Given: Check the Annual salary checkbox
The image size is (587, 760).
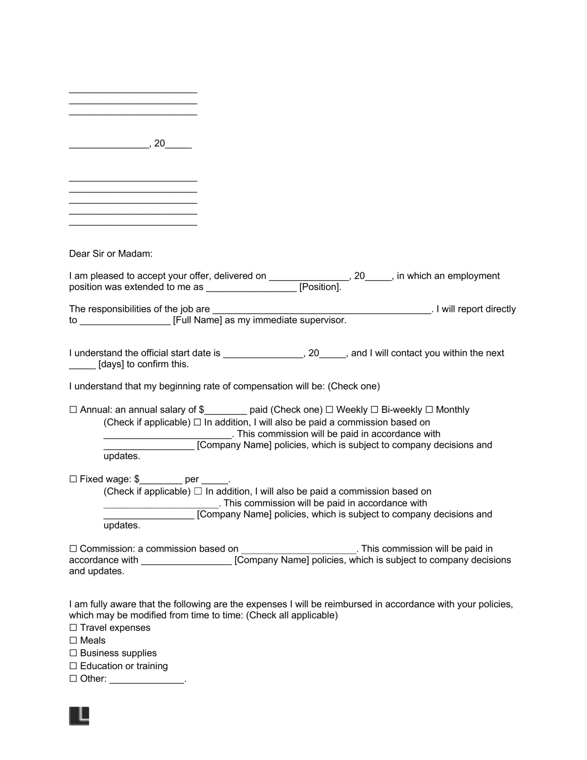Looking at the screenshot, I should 73,410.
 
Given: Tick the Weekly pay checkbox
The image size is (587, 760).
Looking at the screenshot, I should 329,410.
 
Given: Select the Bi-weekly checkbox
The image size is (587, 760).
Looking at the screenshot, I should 374,410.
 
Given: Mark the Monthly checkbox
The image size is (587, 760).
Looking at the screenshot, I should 429,410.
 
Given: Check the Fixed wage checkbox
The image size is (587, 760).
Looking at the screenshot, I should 73,479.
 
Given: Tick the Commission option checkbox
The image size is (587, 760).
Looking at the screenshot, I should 73,548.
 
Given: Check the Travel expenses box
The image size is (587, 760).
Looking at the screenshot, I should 73,628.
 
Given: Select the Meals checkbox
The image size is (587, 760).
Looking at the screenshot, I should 73,640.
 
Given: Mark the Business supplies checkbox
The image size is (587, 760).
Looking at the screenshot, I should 73,653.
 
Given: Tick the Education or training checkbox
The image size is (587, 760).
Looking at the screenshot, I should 73,666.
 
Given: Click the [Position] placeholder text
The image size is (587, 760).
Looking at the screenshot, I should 319,287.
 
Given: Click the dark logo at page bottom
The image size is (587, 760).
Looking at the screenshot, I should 79,716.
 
